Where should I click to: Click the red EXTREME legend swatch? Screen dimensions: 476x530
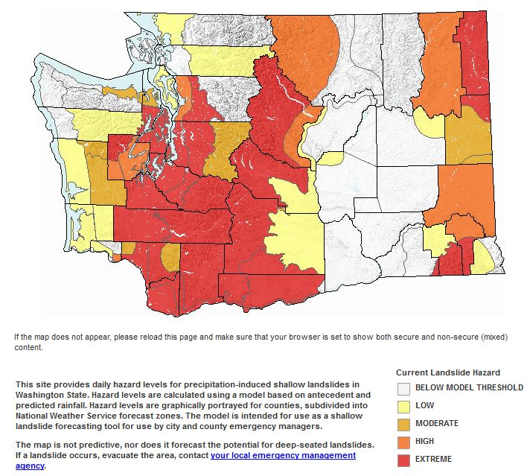(403, 459)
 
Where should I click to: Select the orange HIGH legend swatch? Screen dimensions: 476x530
(403, 441)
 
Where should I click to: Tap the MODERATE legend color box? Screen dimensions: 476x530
(403, 423)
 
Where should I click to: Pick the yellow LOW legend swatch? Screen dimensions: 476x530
(403, 405)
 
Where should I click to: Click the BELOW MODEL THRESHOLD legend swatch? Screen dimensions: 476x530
(403, 387)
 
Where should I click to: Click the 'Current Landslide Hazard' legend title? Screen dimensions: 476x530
(447, 372)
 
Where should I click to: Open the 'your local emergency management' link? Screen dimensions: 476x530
(283, 455)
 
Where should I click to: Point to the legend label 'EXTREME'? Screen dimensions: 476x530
(433, 459)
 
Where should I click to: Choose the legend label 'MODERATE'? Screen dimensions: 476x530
(437, 423)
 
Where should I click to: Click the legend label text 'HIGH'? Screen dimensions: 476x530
(426, 441)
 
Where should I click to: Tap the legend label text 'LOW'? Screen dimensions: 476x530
(425, 405)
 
